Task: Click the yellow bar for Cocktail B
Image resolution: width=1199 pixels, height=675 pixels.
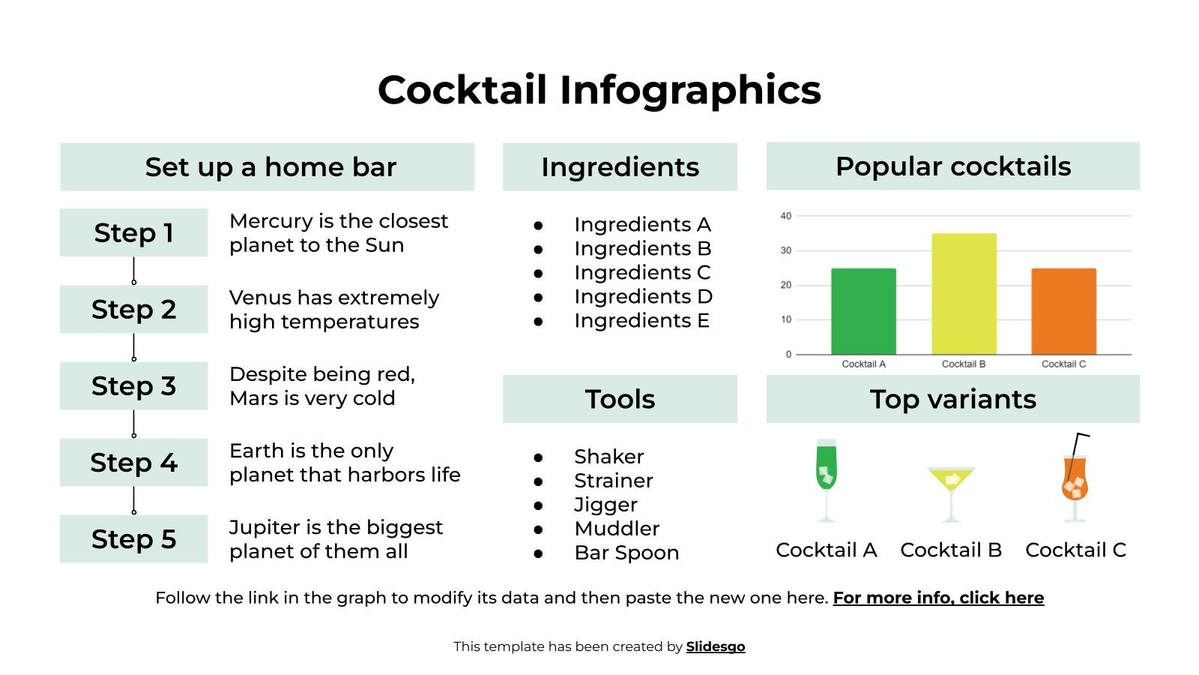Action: (x=964, y=294)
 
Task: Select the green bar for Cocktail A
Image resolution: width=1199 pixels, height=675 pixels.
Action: (x=863, y=311)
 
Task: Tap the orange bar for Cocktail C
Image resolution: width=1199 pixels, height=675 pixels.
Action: (x=1063, y=311)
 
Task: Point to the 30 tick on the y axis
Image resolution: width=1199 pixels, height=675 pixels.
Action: (x=785, y=250)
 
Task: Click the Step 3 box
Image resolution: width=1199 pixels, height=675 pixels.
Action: (x=133, y=385)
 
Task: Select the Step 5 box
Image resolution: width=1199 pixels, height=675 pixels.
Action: (x=133, y=538)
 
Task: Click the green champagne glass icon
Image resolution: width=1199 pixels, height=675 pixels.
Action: (x=826, y=480)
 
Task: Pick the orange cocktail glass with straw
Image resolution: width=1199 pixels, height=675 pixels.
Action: (x=1075, y=480)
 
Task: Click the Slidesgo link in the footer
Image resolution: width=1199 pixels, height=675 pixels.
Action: (x=715, y=646)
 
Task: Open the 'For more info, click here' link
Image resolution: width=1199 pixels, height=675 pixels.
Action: (x=938, y=598)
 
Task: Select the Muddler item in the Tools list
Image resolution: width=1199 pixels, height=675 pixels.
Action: (x=616, y=529)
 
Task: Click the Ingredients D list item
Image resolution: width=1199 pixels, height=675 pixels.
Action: (x=643, y=296)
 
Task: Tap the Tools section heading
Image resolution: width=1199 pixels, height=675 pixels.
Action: (x=620, y=399)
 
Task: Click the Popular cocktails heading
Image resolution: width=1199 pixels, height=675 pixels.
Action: (x=952, y=166)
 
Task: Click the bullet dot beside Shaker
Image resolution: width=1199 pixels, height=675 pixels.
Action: (x=538, y=457)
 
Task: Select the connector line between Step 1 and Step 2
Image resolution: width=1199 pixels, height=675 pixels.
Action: (x=133, y=270)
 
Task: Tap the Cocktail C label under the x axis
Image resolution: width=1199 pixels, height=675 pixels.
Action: (x=1063, y=364)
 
